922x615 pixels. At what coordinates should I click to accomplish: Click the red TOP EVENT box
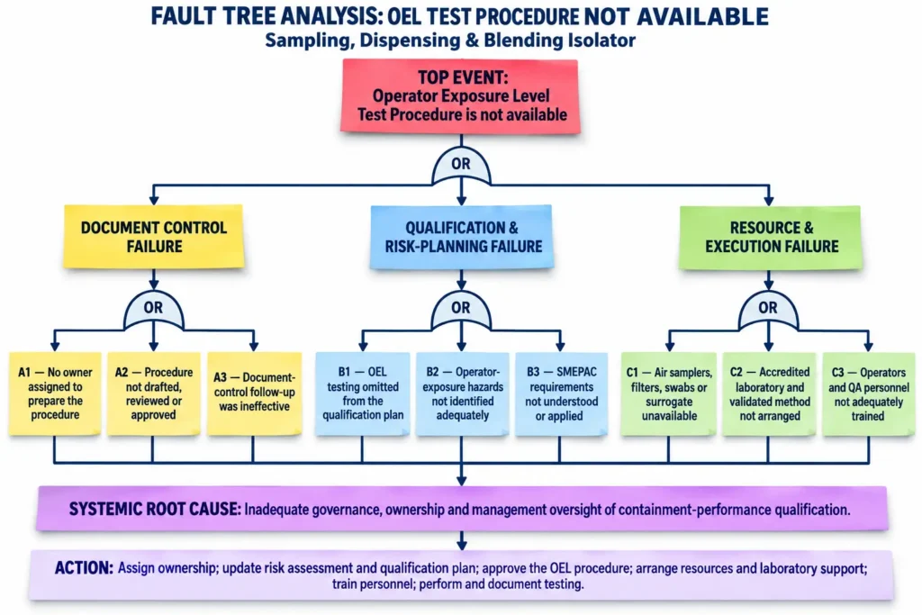(460, 95)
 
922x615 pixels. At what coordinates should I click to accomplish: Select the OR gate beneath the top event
(461, 166)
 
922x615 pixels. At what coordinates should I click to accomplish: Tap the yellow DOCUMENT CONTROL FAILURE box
(153, 236)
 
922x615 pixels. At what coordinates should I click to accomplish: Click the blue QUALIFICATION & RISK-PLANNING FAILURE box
(462, 236)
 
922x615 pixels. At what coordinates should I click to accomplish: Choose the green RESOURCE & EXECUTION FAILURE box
(771, 237)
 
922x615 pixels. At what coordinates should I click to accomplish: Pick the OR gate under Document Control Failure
(153, 309)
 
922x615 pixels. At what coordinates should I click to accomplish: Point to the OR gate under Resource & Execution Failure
(768, 309)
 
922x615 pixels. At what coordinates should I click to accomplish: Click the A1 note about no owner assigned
(55, 393)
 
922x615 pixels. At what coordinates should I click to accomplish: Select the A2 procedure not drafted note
(153, 393)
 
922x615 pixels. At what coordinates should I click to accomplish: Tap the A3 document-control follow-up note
(254, 393)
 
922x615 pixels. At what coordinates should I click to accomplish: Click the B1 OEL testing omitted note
(362, 393)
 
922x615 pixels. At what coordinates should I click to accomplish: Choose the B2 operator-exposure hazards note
(462, 393)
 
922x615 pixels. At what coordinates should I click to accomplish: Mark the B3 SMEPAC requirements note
(561, 393)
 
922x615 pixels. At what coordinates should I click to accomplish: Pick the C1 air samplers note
(669, 393)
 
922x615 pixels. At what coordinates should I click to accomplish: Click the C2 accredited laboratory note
(769, 393)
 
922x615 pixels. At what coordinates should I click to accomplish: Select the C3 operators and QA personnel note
(869, 393)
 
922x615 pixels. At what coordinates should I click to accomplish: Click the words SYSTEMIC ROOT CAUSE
(155, 509)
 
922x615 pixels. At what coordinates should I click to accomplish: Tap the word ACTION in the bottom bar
(84, 567)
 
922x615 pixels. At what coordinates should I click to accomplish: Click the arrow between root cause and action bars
(462, 540)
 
